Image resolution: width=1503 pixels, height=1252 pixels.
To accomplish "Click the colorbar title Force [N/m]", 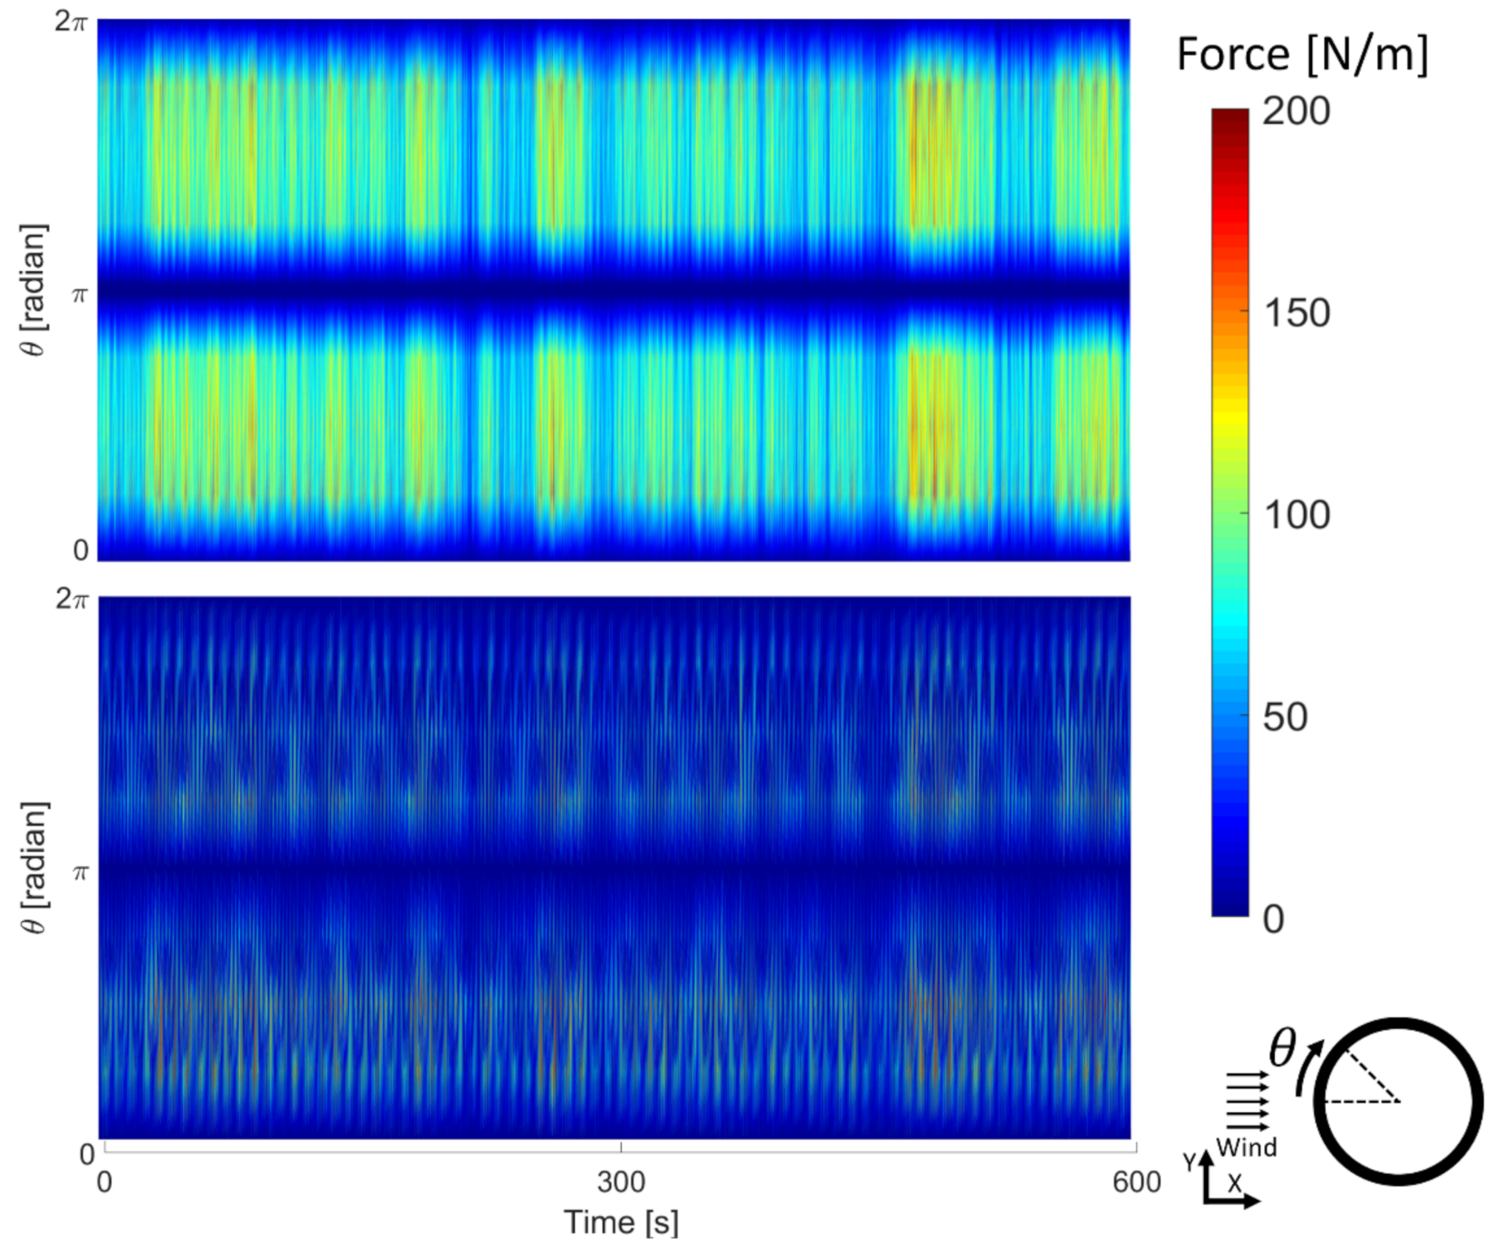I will pyautogui.click(x=1302, y=54).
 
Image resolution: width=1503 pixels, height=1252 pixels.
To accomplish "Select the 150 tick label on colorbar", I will pyautogui.click(x=1296, y=313).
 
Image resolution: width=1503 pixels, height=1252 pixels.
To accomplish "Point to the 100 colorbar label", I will pyautogui.click(x=1296, y=515).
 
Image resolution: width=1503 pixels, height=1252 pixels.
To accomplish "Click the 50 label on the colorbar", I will pyautogui.click(x=1285, y=717).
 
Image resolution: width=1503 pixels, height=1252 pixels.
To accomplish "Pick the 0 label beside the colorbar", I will pyautogui.click(x=1273, y=919).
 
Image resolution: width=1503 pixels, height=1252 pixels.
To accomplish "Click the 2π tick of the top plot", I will pyautogui.click(x=72, y=23).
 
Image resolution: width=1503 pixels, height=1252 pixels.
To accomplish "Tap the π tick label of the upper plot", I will pyautogui.click(x=79, y=294).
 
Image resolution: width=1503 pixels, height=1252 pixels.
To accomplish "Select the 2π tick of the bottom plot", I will pyautogui.click(x=72, y=599).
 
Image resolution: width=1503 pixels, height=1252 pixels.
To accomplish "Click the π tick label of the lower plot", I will pyautogui.click(x=79, y=872).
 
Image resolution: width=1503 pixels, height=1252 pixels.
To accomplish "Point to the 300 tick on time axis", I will pyautogui.click(x=620, y=1182).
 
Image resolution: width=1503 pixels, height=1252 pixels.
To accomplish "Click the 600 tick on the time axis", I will pyautogui.click(x=1136, y=1182).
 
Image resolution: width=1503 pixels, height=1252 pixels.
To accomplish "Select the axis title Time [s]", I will pyautogui.click(x=620, y=1222).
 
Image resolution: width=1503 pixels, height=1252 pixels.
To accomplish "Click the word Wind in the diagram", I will pyautogui.click(x=1246, y=1147).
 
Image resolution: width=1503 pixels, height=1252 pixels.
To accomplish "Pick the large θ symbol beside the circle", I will pyautogui.click(x=1282, y=1049).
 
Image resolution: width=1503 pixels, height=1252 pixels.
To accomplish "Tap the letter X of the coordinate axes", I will pyautogui.click(x=1235, y=1184).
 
